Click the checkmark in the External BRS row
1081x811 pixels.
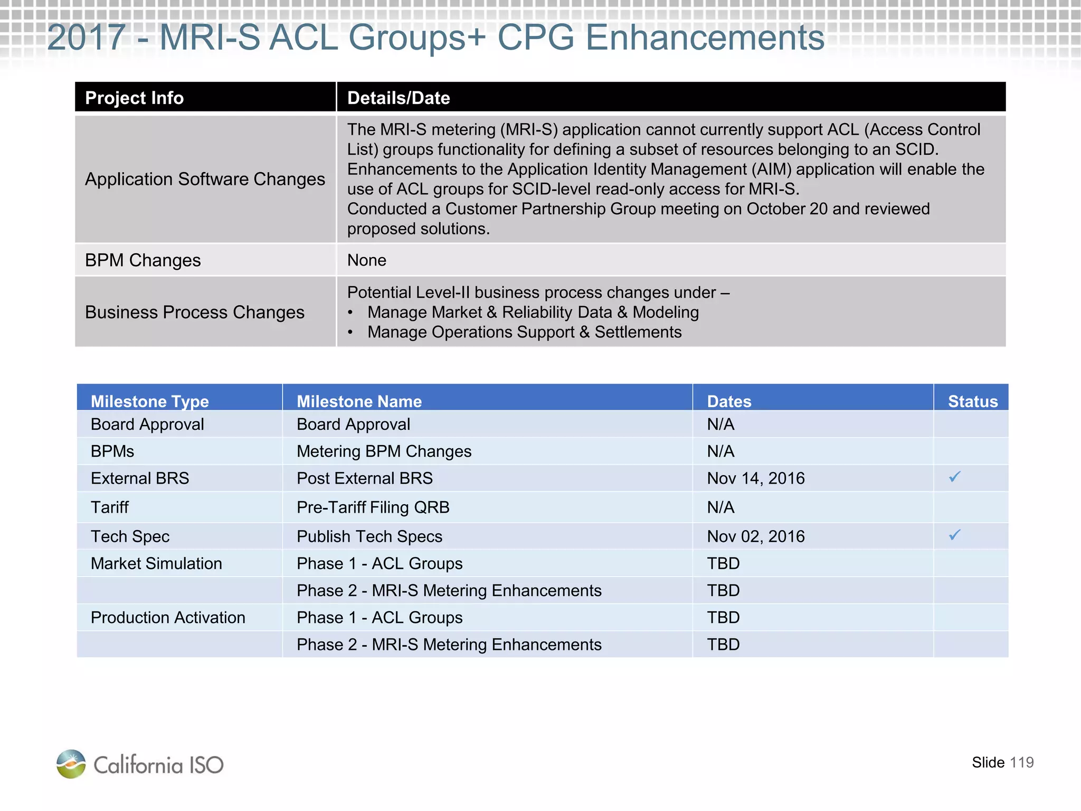(x=954, y=477)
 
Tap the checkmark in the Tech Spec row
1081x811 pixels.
(x=954, y=535)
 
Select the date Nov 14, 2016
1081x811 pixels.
(x=755, y=478)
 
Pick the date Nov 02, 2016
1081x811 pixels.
(x=755, y=536)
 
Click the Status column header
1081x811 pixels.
(x=972, y=401)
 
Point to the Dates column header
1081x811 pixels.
(x=729, y=401)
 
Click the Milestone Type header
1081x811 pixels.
(x=150, y=401)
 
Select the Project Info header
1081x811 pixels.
(x=134, y=98)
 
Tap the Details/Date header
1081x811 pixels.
(x=399, y=98)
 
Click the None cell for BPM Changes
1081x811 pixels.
(x=367, y=260)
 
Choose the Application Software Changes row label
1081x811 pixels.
(x=205, y=180)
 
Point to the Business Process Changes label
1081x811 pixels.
(x=195, y=313)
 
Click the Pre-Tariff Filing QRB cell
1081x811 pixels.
(x=373, y=507)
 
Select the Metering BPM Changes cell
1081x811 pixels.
(x=384, y=451)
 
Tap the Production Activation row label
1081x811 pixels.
(x=168, y=618)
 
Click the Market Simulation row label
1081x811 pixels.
(x=156, y=563)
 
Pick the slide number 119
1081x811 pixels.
(x=1021, y=762)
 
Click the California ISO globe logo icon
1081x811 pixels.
(x=71, y=764)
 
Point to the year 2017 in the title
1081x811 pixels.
(x=86, y=38)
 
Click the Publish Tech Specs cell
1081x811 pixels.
(x=369, y=536)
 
